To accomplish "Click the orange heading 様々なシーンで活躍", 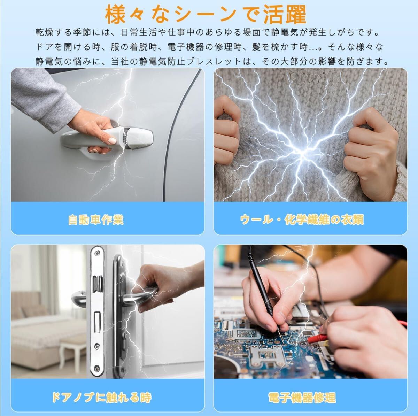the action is tap(205, 15).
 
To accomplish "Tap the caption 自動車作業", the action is tap(96, 220).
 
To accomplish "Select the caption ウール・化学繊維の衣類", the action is tap(302, 220).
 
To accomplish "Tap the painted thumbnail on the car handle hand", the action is tap(112, 141).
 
